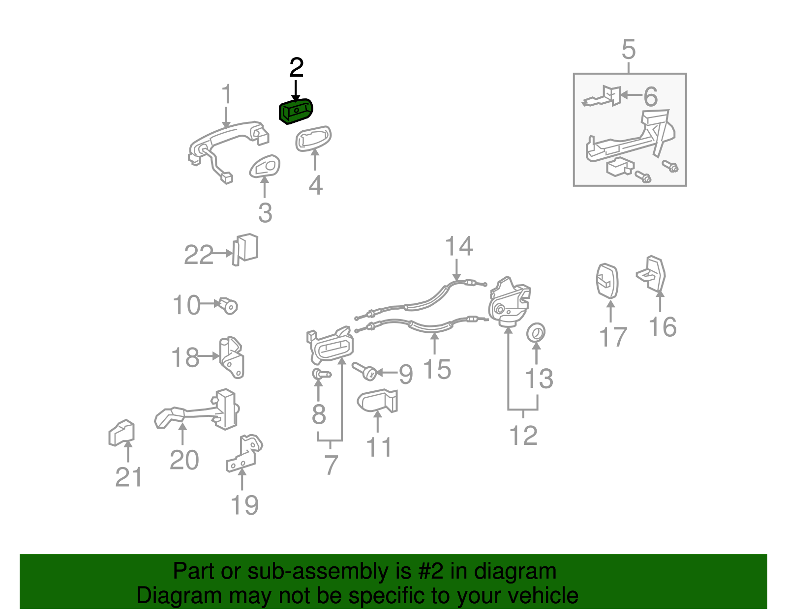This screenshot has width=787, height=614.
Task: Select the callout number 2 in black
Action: click(x=296, y=67)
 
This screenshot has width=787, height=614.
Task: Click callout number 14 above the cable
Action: click(x=458, y=246)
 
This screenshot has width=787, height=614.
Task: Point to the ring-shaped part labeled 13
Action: click(x=536, y=333)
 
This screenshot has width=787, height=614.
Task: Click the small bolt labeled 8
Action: click(x=320, y=375)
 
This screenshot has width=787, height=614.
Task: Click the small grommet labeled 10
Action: click(x=228, y=306)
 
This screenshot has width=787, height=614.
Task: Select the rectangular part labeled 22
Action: click(x=246, y=249)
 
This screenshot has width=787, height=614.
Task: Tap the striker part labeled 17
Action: click(x=607, y=281)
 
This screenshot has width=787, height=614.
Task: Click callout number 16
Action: click(x=662, y=327)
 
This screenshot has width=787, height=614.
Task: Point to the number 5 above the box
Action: click(x=629, y=50)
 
